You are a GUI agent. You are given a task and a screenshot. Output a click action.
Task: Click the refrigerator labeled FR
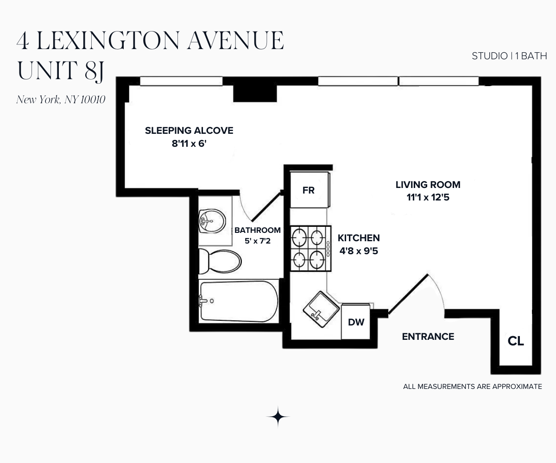pos(309,190)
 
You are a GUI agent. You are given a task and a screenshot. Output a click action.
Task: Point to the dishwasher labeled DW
pos(356,322)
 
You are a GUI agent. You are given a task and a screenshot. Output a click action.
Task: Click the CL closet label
pos(516,342)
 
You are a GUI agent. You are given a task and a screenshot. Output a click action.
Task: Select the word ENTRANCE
pos(428,337)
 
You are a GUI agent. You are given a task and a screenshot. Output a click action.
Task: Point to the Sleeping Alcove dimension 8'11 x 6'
pos(189,144)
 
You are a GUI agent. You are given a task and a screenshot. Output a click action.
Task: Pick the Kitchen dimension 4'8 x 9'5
pos(359,252)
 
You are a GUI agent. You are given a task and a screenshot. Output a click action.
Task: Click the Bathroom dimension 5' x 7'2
pos(257,241)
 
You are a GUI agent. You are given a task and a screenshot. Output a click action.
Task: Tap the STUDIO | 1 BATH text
pos(509,56)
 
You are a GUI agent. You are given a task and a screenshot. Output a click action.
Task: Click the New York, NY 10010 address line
pos(61,100)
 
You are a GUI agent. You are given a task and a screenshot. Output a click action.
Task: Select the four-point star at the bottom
pos(278,417)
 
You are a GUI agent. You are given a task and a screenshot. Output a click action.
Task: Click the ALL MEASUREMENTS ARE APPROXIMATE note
pos(472,386)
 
